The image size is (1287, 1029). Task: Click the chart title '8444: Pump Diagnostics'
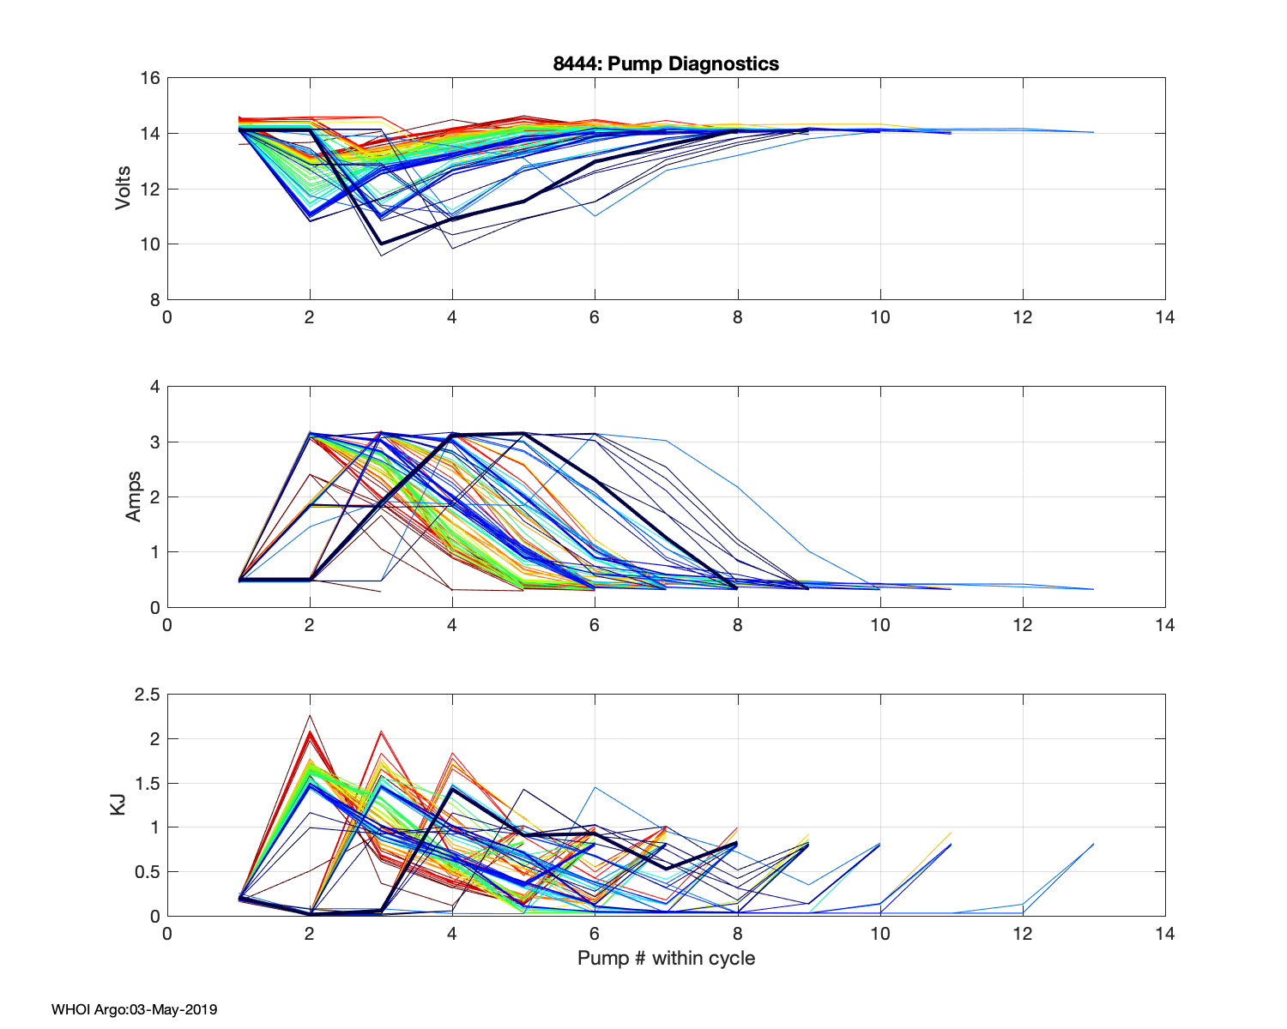click(x=666, y=63)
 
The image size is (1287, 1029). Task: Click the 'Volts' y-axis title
click(x=124, y=189)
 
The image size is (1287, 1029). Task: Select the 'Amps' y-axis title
click(x=134, y=496)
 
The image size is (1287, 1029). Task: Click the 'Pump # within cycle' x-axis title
click(x=666, y=958)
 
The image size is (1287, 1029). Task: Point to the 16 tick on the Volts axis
click(x=150, y=78)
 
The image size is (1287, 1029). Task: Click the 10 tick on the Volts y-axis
click(x=150, y=244)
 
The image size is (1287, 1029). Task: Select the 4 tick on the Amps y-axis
click(x=155, y=387)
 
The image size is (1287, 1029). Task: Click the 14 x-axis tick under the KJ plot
click(x=1164, y=934)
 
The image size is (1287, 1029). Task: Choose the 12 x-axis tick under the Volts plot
click(x=1022, y=317)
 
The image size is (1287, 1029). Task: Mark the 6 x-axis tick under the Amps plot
click(x=595, y=625)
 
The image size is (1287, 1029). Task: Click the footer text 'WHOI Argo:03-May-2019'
click(x=134, y=1009)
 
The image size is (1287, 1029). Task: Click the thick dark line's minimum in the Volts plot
click(x=381, y=244)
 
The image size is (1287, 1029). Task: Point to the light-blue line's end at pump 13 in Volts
click(x=1093, y=132)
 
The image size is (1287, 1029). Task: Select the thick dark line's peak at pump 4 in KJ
click(x=452, y=789)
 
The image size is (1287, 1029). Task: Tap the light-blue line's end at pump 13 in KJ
click(x=1093, y=844)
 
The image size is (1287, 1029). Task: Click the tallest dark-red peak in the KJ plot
click(x=310, y=715)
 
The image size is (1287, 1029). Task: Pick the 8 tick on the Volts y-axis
click(x=155, y=299)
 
